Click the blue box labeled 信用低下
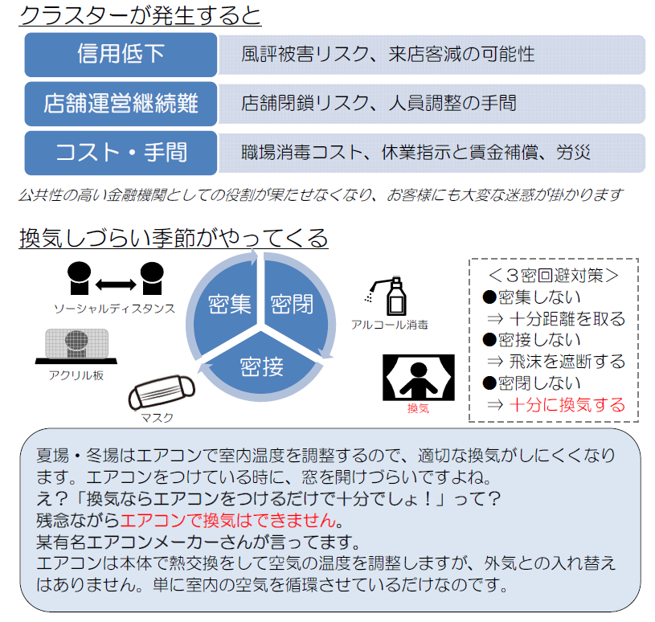tap(121, 55)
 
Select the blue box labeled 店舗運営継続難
tap(121, 103)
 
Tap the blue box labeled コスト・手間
tap(121, 152)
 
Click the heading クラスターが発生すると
tap(140, 16)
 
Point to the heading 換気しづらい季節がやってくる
tap(174, 238)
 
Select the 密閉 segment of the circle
tap(292, 304)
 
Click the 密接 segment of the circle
tap(261, 367)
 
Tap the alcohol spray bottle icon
tap(392, 297)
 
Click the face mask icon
tap(161, 393)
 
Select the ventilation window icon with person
tap(418, 377)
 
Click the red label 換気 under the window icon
tap(418, 409)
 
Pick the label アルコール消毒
tap(390, 325)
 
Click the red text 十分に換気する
tap(567, 404)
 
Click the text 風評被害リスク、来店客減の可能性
tap(387, 55)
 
